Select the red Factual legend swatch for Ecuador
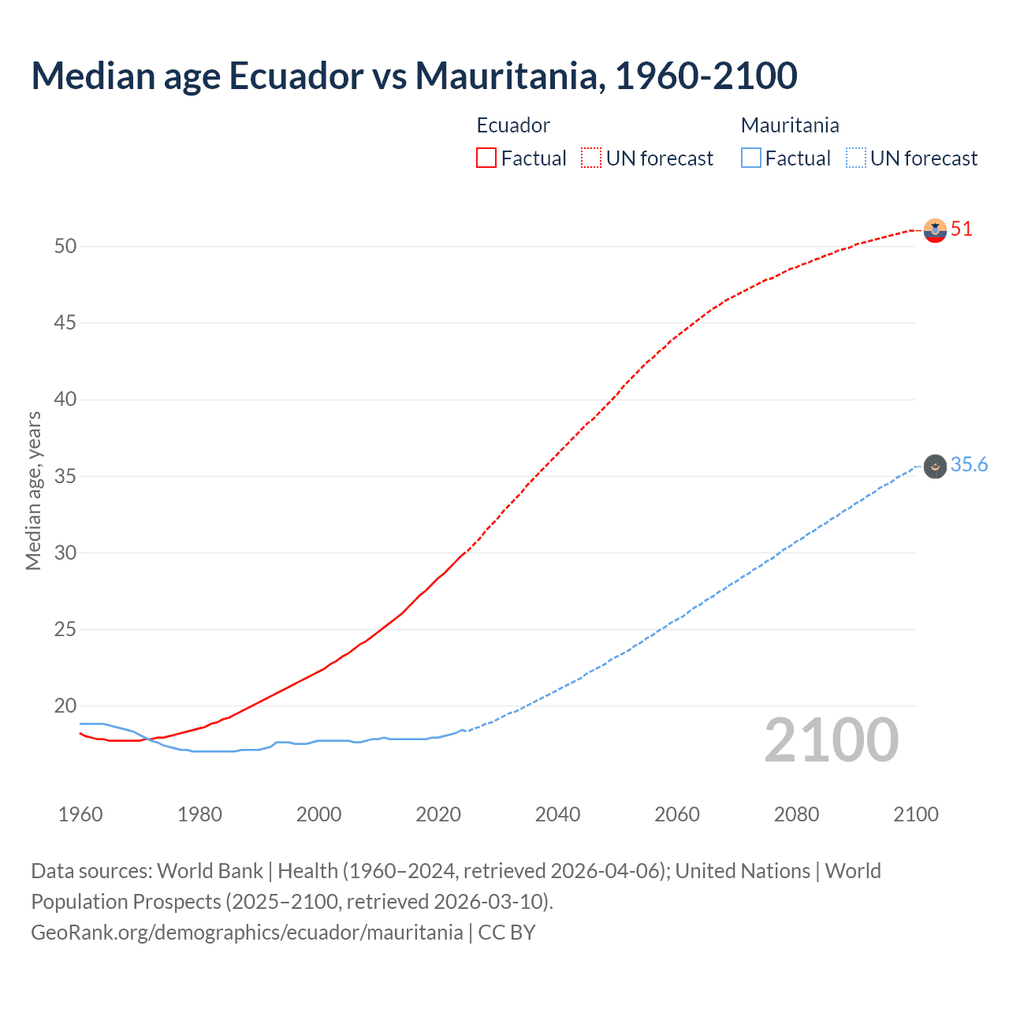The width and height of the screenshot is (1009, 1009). coord(486,158)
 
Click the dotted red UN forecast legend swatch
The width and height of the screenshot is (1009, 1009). coord(591,158)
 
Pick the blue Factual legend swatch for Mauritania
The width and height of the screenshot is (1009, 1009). coord(751,158)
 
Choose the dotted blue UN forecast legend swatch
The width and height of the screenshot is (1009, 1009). coord(856,158)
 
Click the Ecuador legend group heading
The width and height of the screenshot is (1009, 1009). coord(513,125)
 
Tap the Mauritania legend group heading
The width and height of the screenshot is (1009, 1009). coord(790,125)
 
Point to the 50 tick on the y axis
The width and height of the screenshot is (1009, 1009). coord(65,246)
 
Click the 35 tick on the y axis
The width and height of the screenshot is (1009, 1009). coord(65,476)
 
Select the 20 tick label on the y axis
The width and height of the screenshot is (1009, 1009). coord(65,706)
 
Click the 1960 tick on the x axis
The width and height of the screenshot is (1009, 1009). coord(80,814)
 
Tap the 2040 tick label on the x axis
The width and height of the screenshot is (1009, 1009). coord(557,814)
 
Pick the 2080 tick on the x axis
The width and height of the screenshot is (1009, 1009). coord(796,814)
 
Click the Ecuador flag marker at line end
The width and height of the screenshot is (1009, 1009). coord(935,230)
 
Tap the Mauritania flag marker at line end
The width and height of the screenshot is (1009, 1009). coord(935,467)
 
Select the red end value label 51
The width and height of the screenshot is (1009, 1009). coord(962,229)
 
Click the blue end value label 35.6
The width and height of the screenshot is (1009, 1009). coord(969,465)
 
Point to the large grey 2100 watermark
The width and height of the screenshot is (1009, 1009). coord(831,740)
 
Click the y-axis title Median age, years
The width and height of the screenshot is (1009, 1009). coord(33,490)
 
